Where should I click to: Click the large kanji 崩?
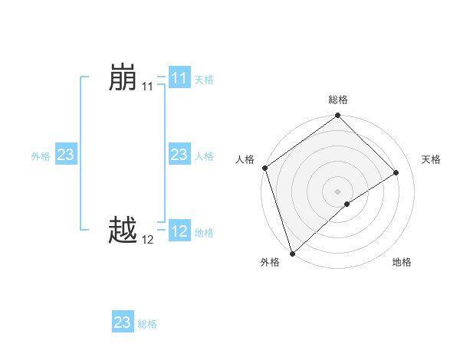click(x=123, y=79)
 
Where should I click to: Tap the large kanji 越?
click(x=123, y=229)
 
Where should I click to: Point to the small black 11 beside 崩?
click(x=147, y=87)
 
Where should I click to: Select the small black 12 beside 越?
click(x=147, y=239)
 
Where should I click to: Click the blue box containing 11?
click(x=179, y=79)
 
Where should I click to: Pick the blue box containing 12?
click(x=179, y=231)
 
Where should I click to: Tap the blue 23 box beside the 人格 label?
click(x=179, y=155)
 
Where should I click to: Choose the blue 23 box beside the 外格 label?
click(x=65, y=155)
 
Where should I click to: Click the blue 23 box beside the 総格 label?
click(x=122, y=322)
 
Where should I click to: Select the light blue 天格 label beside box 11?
click(x=204, y=80)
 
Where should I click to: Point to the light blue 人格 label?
click(x=204, y=156)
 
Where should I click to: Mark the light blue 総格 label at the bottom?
click(x=147, y=324)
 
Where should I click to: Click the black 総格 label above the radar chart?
click(x=338, y=100)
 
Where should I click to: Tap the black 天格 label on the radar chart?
click(x=431, y=159)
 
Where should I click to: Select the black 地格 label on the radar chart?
click(x=402, y=263)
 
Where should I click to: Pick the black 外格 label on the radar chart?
click(x=270, y=263)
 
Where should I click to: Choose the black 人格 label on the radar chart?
click(x=245, y=159)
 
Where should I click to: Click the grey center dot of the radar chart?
click(x=337, y=191)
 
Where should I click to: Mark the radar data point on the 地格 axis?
click(x=347, y=204)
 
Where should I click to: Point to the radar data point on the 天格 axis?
click(x=396, y=173)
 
